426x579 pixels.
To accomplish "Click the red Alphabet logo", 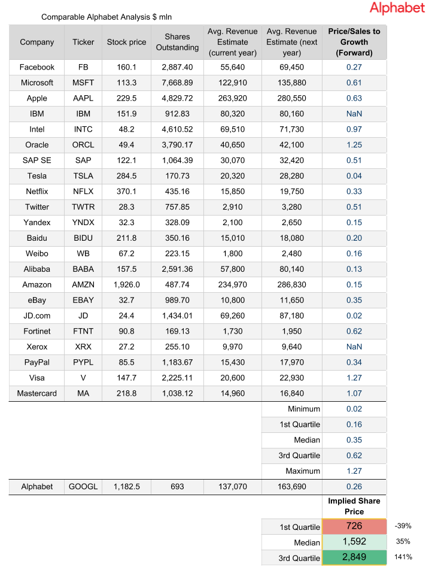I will coord(397,8).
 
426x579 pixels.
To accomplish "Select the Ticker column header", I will coord(83,42).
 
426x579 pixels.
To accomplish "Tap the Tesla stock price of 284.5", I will coord(126,176).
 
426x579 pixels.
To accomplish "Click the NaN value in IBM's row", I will coord(354,114).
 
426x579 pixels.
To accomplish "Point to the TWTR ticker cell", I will coord(83,207).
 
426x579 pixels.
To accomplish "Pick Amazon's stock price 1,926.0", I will coord(126,285).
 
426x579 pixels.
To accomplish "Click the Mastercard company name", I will coord(36,394).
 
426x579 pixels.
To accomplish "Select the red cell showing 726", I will coord(354,526).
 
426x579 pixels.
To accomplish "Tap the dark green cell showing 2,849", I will coord(354,557).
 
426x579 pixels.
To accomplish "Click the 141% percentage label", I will coord(403,557).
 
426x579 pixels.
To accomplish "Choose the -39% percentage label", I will coord(403,526).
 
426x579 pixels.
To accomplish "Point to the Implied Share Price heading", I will coord(354,506).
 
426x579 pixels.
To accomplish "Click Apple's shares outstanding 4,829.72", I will coord(177,98).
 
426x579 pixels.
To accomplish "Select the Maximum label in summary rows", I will coord(303,471).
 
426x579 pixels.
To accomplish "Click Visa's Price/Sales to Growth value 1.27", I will coord(354,378).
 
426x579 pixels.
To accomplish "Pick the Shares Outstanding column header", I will coord(177,42).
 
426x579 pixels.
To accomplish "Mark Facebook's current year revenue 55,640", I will coord(233,67).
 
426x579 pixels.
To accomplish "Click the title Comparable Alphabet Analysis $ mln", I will coord(106,17).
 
